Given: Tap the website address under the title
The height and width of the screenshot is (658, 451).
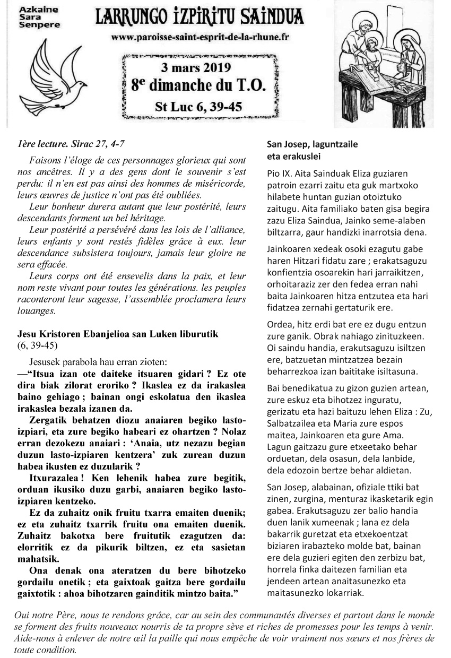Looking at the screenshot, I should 200,38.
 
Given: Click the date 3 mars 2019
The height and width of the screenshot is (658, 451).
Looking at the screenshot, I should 201,67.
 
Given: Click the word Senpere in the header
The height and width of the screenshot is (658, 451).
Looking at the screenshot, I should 33,24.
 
